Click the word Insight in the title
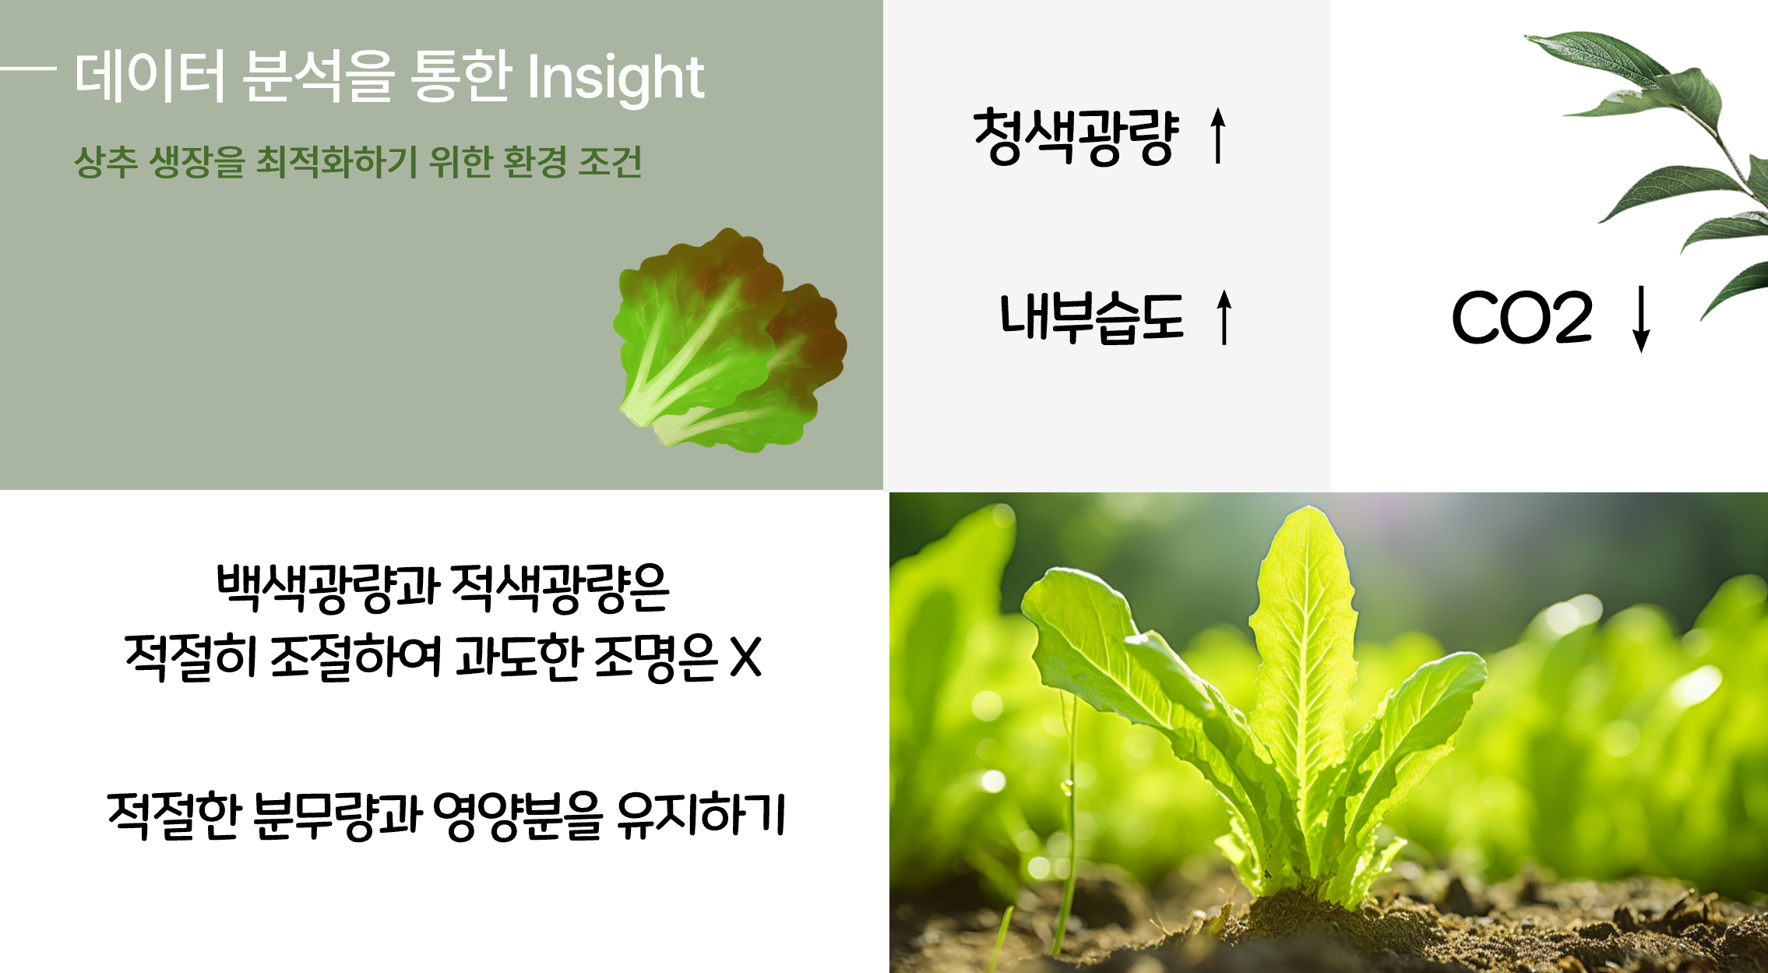(615, 78)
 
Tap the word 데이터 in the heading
(150, 76)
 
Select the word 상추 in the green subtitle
(106, 162)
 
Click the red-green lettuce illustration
(730, 341)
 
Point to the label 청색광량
(1076, 137)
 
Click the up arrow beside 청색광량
(1218, 136)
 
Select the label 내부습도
(1091, 317)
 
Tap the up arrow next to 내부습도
(1224, 317)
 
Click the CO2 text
(1522, 317)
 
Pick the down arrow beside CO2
(1641, 319)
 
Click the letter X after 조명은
(745, 657)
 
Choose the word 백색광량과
(328, 586)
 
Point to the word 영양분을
(517, 816)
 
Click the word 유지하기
(700, 815)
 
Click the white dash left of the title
(28, 69)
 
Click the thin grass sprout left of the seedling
(1070, 818)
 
